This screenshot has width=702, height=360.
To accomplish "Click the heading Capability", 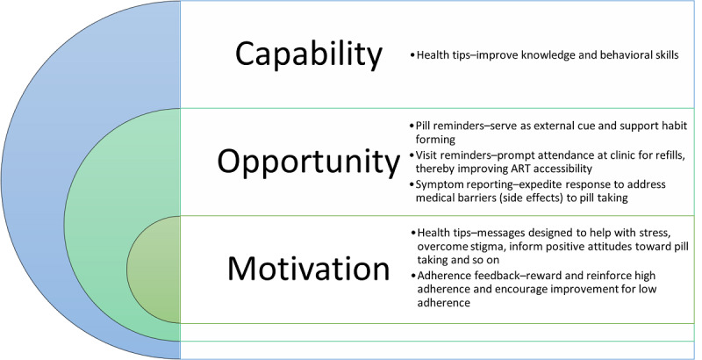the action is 309,54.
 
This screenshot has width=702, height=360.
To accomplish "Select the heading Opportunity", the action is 309,162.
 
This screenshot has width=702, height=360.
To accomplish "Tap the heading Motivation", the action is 309,268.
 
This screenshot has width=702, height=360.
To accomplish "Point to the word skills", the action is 666,54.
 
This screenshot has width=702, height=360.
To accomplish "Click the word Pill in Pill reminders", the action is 422,126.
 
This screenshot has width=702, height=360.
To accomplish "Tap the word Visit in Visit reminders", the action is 426,155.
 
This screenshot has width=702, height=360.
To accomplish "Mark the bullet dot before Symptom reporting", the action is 412,184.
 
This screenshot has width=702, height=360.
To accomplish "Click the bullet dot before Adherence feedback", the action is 413,275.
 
